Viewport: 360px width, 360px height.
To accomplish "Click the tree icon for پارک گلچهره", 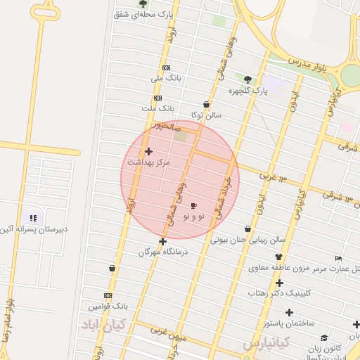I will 247,79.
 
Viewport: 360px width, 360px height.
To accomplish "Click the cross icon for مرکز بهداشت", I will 148,151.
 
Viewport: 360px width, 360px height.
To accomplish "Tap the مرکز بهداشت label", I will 148,162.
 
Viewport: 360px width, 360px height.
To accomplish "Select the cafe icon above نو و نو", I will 194,205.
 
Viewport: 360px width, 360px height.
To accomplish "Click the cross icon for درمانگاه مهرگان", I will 162,241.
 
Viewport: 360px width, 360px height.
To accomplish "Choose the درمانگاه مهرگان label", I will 164,252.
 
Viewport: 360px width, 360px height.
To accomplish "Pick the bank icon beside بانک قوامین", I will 108,295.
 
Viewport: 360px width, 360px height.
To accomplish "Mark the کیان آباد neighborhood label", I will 103,325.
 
